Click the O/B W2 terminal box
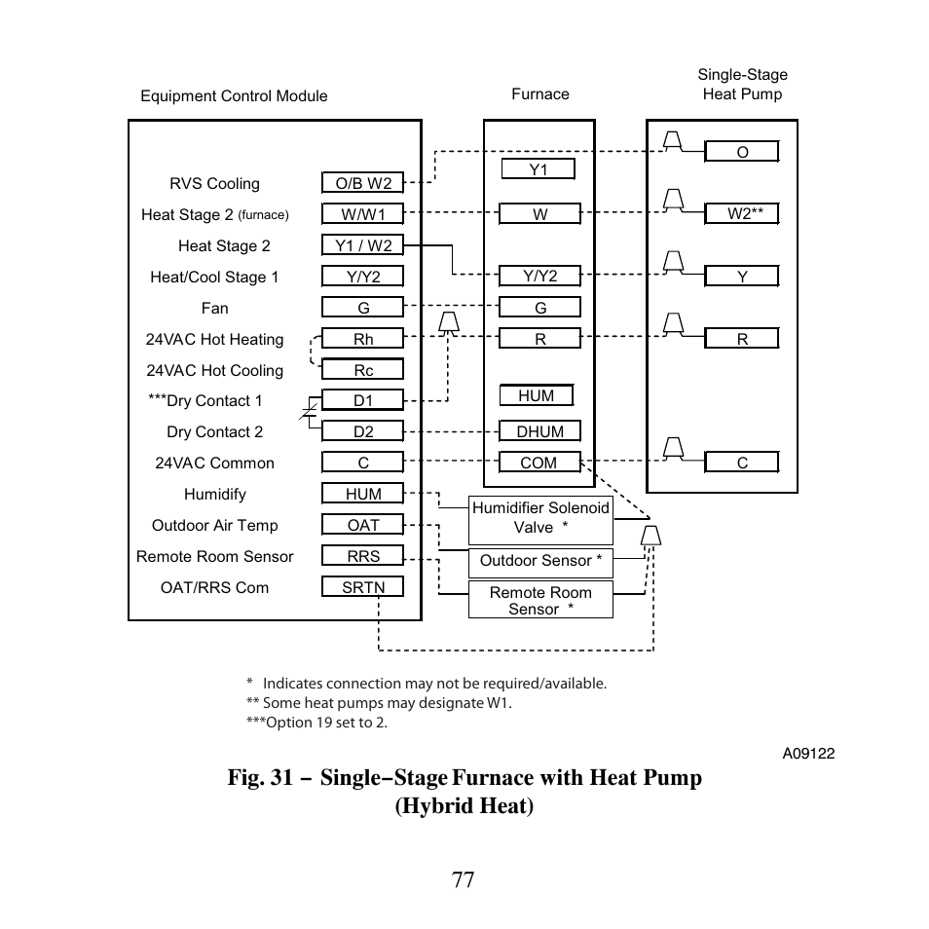[x=362, y=183]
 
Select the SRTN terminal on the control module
[x=362, y=587]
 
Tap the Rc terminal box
[x=362, y=370]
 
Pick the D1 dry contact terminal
[x=362, y=400]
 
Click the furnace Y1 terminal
[x=538, y=169]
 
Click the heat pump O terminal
[x=741, y=152]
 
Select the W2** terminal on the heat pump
[x=741, y=214]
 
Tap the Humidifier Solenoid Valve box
[x=540, y=518]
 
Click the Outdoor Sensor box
[x=540, y=561]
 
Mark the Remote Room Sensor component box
[x=540, y=600]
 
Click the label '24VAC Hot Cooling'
[x=214, y=370]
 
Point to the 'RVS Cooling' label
[x=214, y=183]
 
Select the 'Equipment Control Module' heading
[x=234, y=95]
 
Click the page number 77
[x=464, y=879]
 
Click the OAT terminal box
[x=362, y=525]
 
